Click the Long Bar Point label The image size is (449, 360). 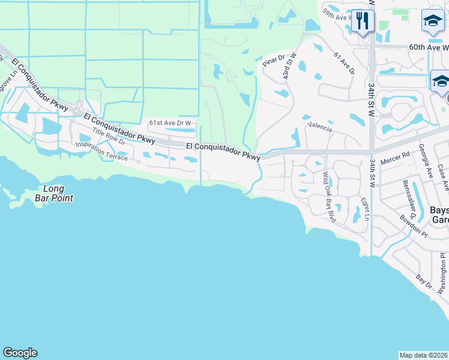pos(54,193)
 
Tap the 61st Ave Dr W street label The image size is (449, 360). pos(170,123)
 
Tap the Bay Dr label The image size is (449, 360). pos(424,281)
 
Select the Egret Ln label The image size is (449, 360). pos(365,208)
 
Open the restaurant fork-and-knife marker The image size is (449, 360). pos(362,22)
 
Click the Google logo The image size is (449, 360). pos(20,353)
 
